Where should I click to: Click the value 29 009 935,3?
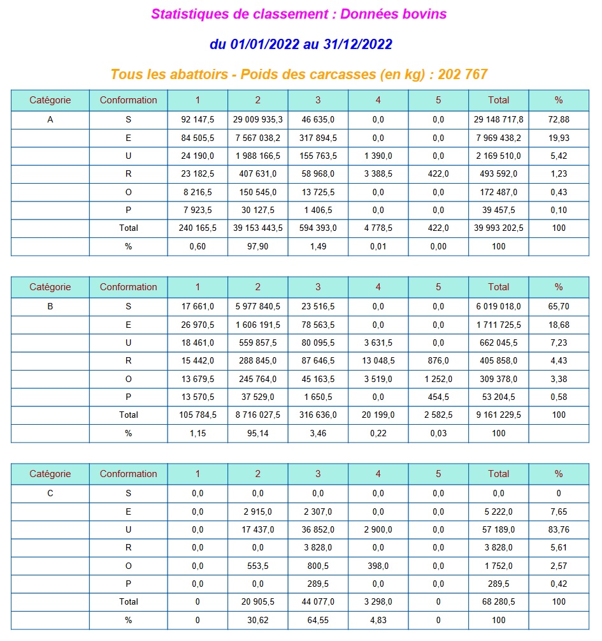(x=257, y=119)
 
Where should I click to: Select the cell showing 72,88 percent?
(x=558, y=119)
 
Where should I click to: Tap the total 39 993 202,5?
(x=498, y=228)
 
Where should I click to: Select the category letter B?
(x=50, y=306)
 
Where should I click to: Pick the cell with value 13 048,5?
(x=378, y=360)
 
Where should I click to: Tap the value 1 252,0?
(x=438, y=379)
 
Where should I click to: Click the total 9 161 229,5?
(x=498, y=415)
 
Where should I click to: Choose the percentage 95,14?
(x=257, y=433)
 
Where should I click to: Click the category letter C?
(x=50, y=493)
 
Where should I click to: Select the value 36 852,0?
(x=318, y=529)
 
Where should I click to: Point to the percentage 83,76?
(x=558, y=529)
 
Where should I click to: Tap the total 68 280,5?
(x=498, y=601)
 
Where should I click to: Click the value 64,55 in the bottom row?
(x=318, y=620)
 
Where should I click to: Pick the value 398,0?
(x=378, y=566)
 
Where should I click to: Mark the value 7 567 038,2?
(x=257, y=138)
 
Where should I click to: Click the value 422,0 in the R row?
(x=438, y=173)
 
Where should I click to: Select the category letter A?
(x=50, y=119)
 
